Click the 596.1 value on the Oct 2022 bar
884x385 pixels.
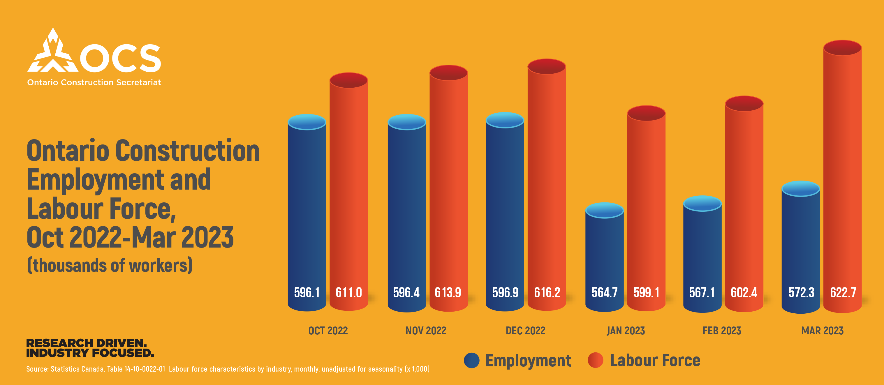(x=307, y=293)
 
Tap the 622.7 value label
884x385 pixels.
(x=843, y=293)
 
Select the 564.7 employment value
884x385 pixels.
(x=604, y=293)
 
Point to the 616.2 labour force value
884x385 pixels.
(x=547, y=293)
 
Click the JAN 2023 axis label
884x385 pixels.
(x=626, y=331)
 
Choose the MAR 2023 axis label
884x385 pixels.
(x=822, y=331)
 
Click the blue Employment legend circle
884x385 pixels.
(x=471, y=361)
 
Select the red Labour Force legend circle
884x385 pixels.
(x=595, y=360)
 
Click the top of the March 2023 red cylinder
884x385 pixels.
(x=842, y=48)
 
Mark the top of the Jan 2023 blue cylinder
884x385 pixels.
(x=604, y=210)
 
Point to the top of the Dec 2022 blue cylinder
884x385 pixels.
(x=505, y=120)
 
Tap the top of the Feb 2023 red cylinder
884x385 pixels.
(x=744, y=103)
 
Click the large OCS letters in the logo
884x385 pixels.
(x=120, y=58)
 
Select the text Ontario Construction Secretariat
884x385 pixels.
(x=94, y=83)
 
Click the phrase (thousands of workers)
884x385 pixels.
(x=110, y=266)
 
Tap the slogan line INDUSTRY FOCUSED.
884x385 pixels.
(x=90, y=353)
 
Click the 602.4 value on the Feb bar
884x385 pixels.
(x=744, y=293)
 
